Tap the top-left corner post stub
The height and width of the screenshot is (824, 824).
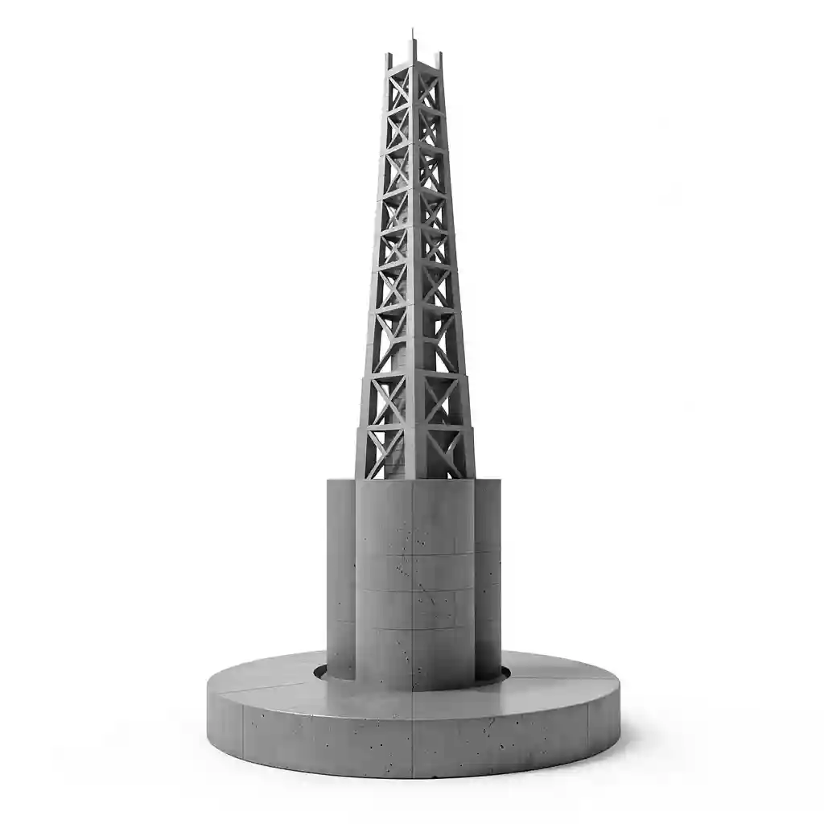point(389,61)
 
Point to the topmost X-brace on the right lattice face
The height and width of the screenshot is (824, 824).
point(427,87)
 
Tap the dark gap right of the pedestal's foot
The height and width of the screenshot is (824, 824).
point(505,673)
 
